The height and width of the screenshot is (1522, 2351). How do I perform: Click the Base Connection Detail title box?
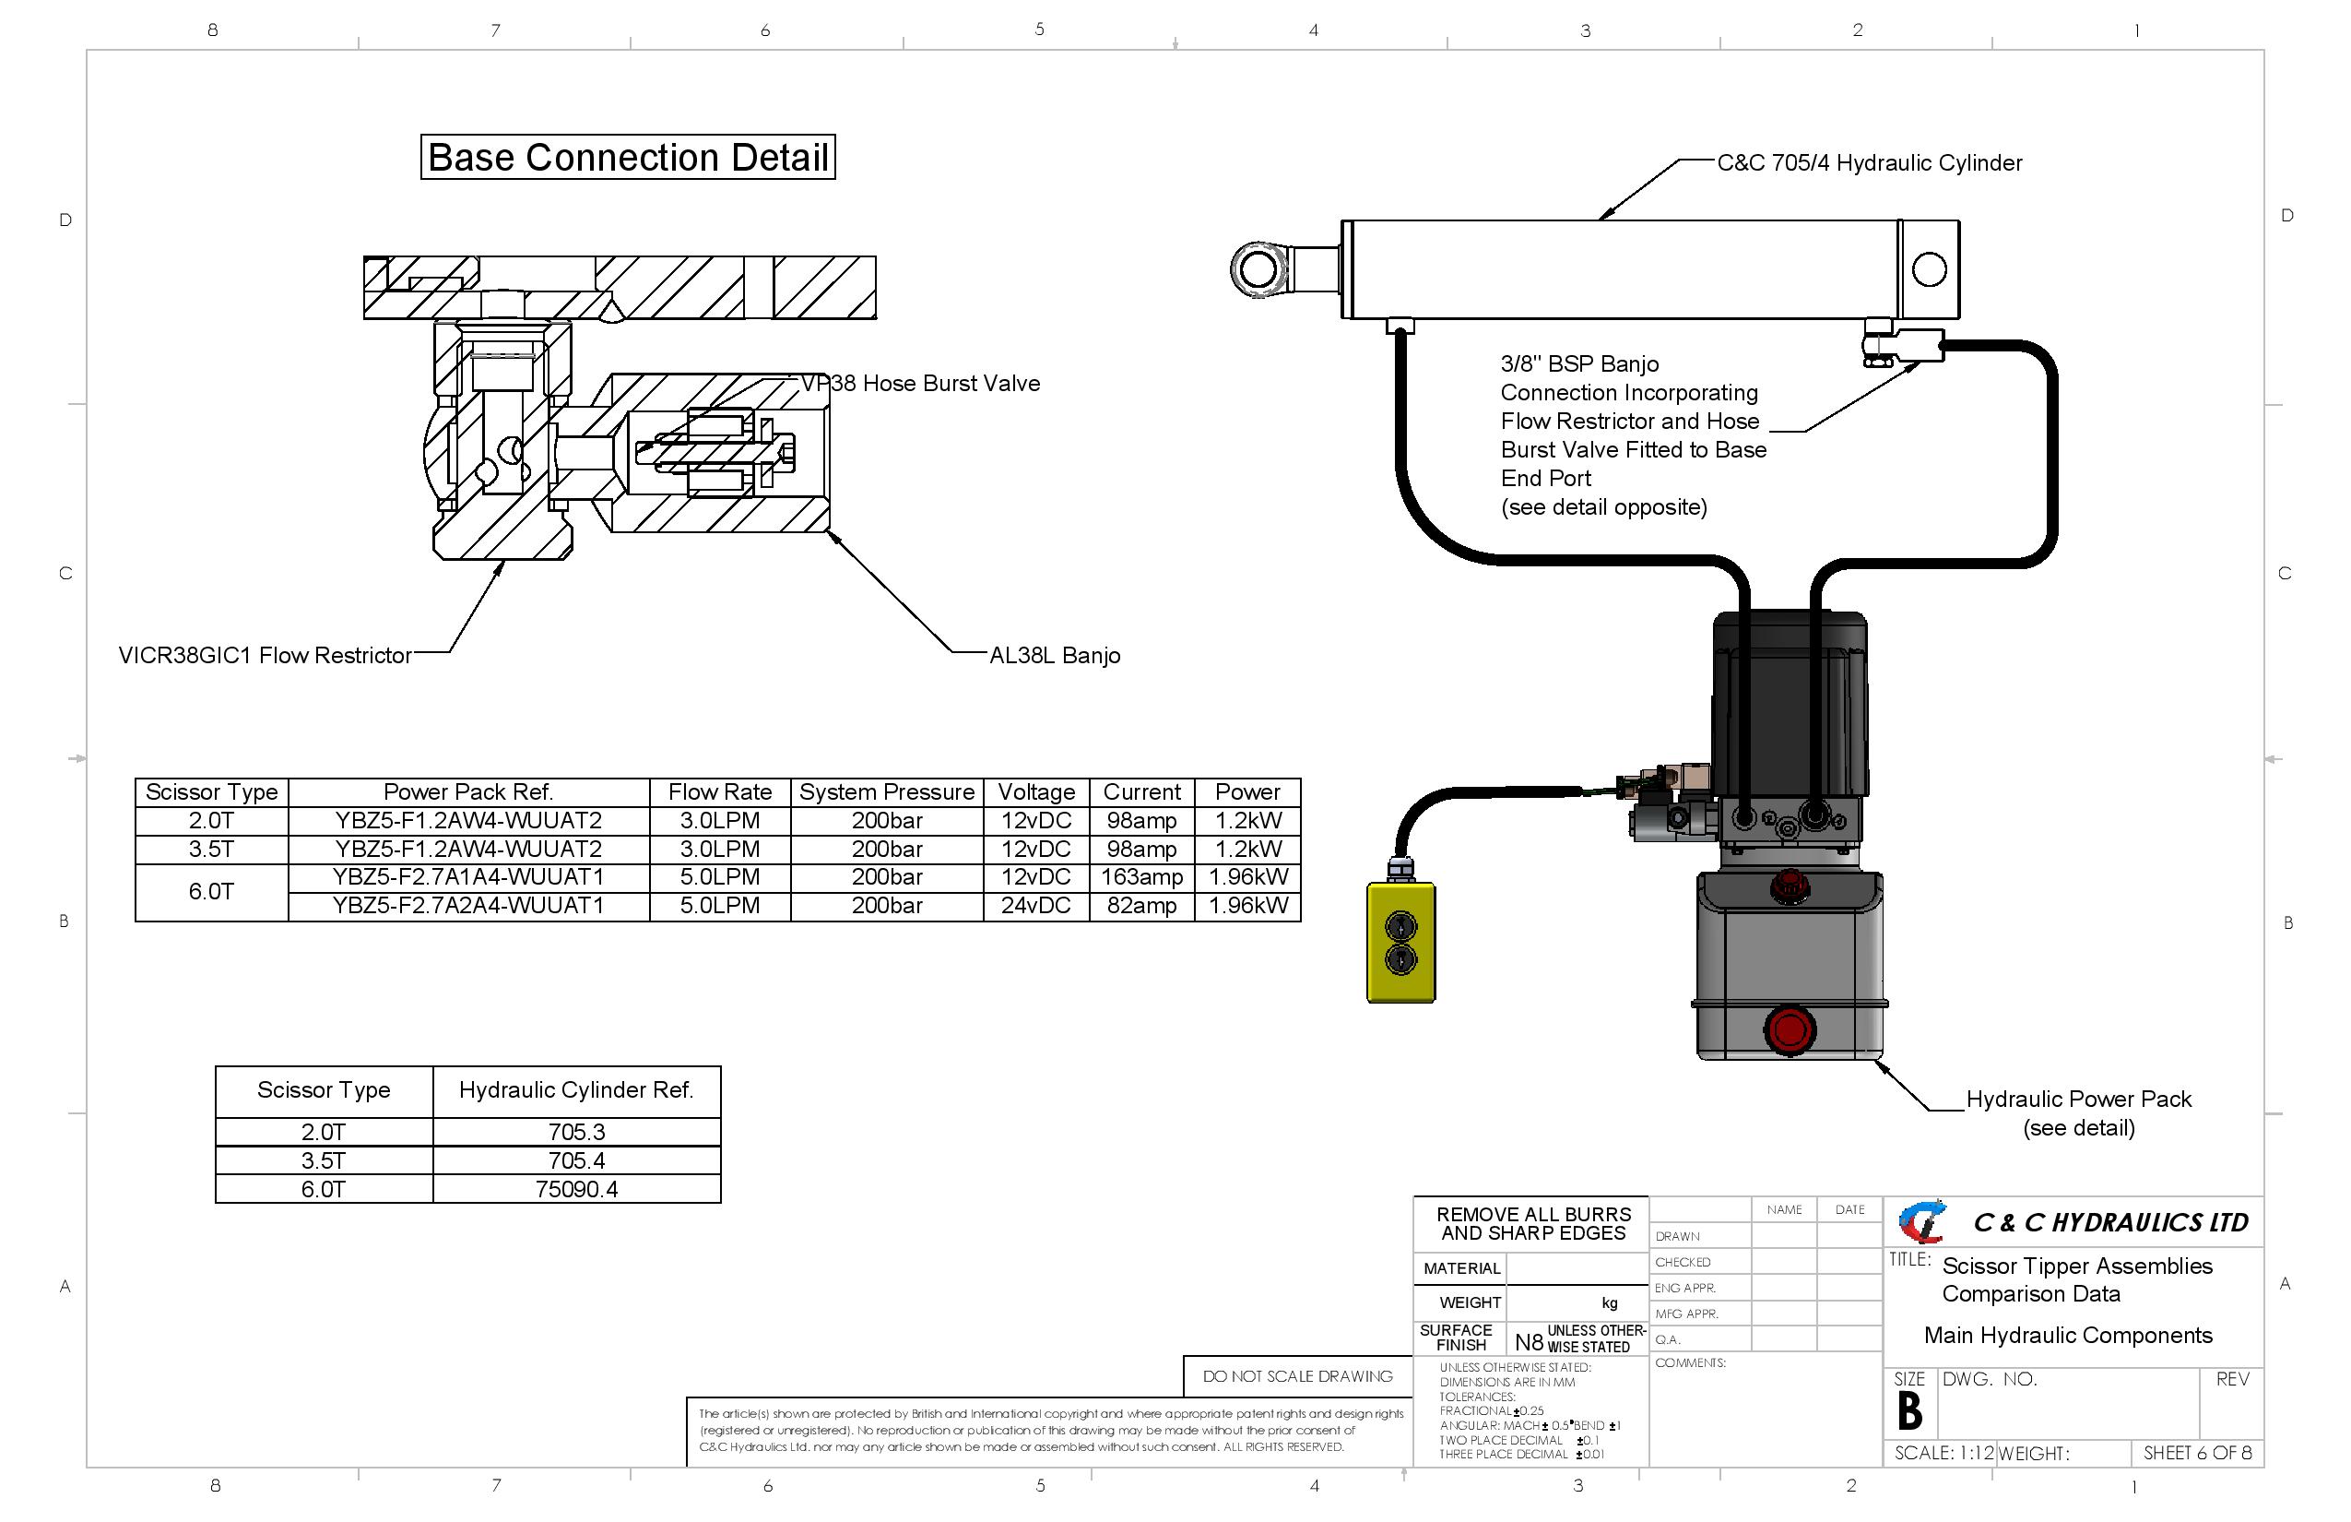coord(627,157)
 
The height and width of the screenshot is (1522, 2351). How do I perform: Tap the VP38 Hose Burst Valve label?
coord(920,384)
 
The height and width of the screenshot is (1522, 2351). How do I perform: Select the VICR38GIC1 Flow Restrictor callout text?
coord(265,655)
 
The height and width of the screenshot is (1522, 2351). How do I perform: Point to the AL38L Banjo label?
coord(1054,655)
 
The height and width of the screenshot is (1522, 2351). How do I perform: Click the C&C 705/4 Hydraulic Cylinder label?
coord(1869,163)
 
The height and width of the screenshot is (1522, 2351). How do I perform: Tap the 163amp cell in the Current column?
coord(1141,877)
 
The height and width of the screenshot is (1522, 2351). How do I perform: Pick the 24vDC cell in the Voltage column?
coord(1035,905)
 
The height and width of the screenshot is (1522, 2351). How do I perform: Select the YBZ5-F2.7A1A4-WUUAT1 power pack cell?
coord(468,877)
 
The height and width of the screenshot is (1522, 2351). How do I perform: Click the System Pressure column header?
coord(886,792)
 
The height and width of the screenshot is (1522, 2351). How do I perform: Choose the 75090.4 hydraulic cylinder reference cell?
coord(576,1189)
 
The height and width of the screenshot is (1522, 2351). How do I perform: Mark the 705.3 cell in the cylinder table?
coord(576,1132)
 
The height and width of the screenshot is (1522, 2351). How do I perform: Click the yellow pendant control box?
coord(1400,943)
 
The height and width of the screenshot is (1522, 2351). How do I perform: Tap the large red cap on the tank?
coord(1789,1029)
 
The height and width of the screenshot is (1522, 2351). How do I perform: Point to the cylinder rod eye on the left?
coord(1258,268)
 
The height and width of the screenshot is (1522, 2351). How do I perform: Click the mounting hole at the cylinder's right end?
coord(1928,268)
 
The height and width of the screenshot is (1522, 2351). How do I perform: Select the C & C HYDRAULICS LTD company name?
coord(2110,1222)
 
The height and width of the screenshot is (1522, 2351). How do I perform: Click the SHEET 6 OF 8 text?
coord(2197,1453)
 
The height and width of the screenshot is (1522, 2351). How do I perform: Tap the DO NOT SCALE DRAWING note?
coord(1297,1375)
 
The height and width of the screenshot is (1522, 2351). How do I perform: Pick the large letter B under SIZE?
coord(1909,1411)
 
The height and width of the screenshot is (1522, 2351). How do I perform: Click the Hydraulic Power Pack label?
coord(2078,1099)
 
